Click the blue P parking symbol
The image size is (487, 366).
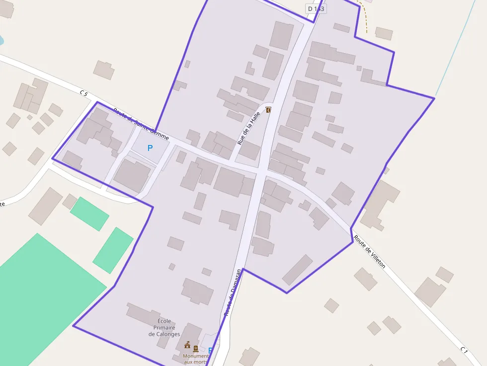point(150,148)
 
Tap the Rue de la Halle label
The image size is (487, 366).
point(249,129)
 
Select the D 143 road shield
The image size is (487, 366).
point(316,8)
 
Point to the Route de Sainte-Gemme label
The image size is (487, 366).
point(141,124)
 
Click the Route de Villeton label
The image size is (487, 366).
point(369,252)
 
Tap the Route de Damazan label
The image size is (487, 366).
point(233,292)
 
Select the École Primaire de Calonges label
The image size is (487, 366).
point(164,328)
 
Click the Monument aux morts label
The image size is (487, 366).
point(195,359)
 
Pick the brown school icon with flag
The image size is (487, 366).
point(187,345)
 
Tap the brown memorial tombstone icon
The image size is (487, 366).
point(196,348)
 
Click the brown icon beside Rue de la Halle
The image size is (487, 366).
point(269,110)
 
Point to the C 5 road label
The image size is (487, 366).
point(83,93)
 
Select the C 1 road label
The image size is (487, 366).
point(464,351)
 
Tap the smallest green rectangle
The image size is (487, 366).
point(89,214)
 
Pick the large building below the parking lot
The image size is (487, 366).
point(132,175)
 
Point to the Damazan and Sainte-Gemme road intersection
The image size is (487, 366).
point(259,171)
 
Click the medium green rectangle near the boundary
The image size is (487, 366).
point(113,250)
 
